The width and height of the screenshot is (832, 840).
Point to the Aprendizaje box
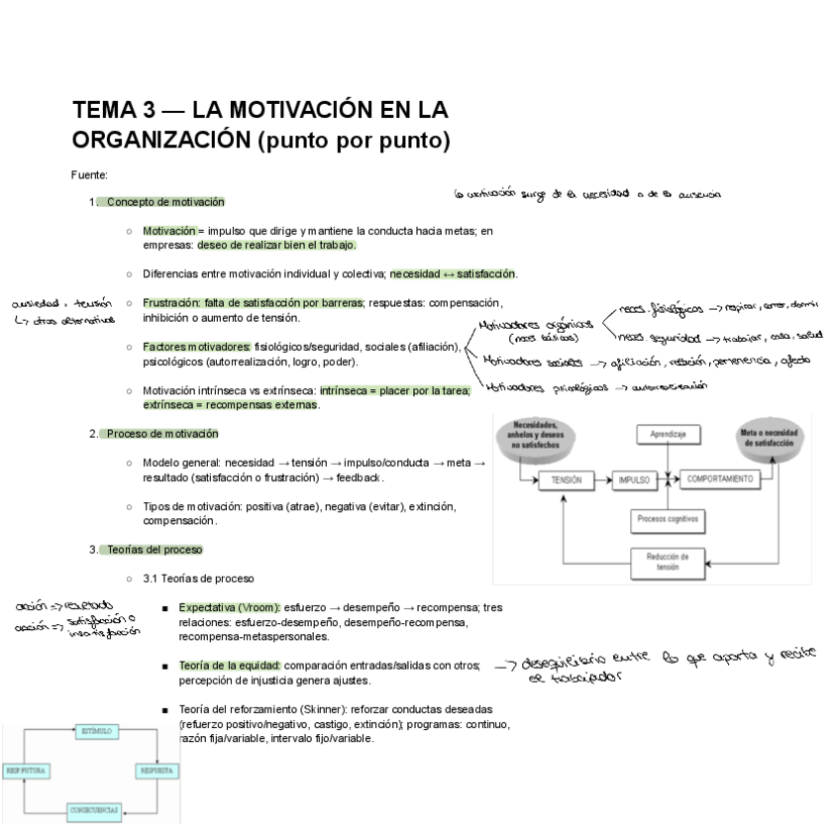[669, 433]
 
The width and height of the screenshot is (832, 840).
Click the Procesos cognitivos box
[669, 518]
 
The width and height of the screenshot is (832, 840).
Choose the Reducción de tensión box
[669, 562]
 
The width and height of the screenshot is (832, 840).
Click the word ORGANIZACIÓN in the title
[160, 141]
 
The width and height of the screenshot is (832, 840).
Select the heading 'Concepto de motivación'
[164, 202]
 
